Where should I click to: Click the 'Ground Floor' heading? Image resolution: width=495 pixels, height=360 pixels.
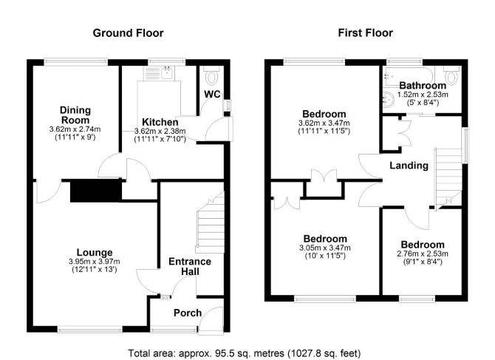(128, 33)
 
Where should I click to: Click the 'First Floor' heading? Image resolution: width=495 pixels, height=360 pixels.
(365, 33)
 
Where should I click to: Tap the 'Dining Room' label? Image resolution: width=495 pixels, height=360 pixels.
(75, 115)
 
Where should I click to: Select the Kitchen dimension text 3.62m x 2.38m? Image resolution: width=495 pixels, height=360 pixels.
(160, 131)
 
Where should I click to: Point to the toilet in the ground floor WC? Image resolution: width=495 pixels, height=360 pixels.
(211, 75)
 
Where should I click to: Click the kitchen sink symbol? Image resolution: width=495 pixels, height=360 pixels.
(166, 72)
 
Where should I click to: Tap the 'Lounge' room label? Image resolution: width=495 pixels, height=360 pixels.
(95, 252)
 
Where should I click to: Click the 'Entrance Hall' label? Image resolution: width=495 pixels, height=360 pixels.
(190, 266)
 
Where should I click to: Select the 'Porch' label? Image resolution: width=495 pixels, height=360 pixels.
(188, 313)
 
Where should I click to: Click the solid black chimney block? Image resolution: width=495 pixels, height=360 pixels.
(96, 191)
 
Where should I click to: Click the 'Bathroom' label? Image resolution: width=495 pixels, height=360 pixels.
(423, 85)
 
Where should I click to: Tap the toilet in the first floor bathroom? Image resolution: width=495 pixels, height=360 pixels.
(452, 75)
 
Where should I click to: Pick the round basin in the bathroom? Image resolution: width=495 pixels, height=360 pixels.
(389, 100)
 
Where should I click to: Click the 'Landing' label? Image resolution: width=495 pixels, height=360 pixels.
(409, 166)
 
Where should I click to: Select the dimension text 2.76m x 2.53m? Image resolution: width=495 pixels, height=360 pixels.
(423, 254)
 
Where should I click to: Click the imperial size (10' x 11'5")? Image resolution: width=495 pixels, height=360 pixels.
(325, 256)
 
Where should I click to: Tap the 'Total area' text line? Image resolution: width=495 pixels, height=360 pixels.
(244, 353)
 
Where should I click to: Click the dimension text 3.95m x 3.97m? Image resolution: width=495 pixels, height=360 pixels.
(95, 262)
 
